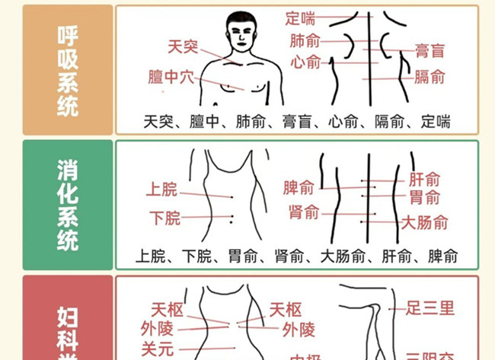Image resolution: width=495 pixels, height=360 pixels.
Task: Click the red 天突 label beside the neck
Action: point(182,48)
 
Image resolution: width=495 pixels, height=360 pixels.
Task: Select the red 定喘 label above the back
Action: point(301,17)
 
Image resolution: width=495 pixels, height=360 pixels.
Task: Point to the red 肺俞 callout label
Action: point(305,40)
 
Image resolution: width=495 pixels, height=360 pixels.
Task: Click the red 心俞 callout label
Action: point(305,62)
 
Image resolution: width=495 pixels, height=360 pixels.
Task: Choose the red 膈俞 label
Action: point(430,76)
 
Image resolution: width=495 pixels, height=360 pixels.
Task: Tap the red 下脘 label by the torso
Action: point(164,218)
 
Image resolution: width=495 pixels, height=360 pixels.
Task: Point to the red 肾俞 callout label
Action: point(304,212)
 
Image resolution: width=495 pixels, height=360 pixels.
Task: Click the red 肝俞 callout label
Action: point(424,180)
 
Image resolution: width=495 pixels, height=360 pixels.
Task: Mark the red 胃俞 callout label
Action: point(424,198)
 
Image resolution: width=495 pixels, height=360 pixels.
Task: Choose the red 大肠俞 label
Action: point(425,222)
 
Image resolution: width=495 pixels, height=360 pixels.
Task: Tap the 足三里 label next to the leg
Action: point(430,308)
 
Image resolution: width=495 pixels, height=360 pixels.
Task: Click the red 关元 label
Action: point(157,349)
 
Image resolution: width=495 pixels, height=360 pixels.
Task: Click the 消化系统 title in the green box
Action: point(68,205)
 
